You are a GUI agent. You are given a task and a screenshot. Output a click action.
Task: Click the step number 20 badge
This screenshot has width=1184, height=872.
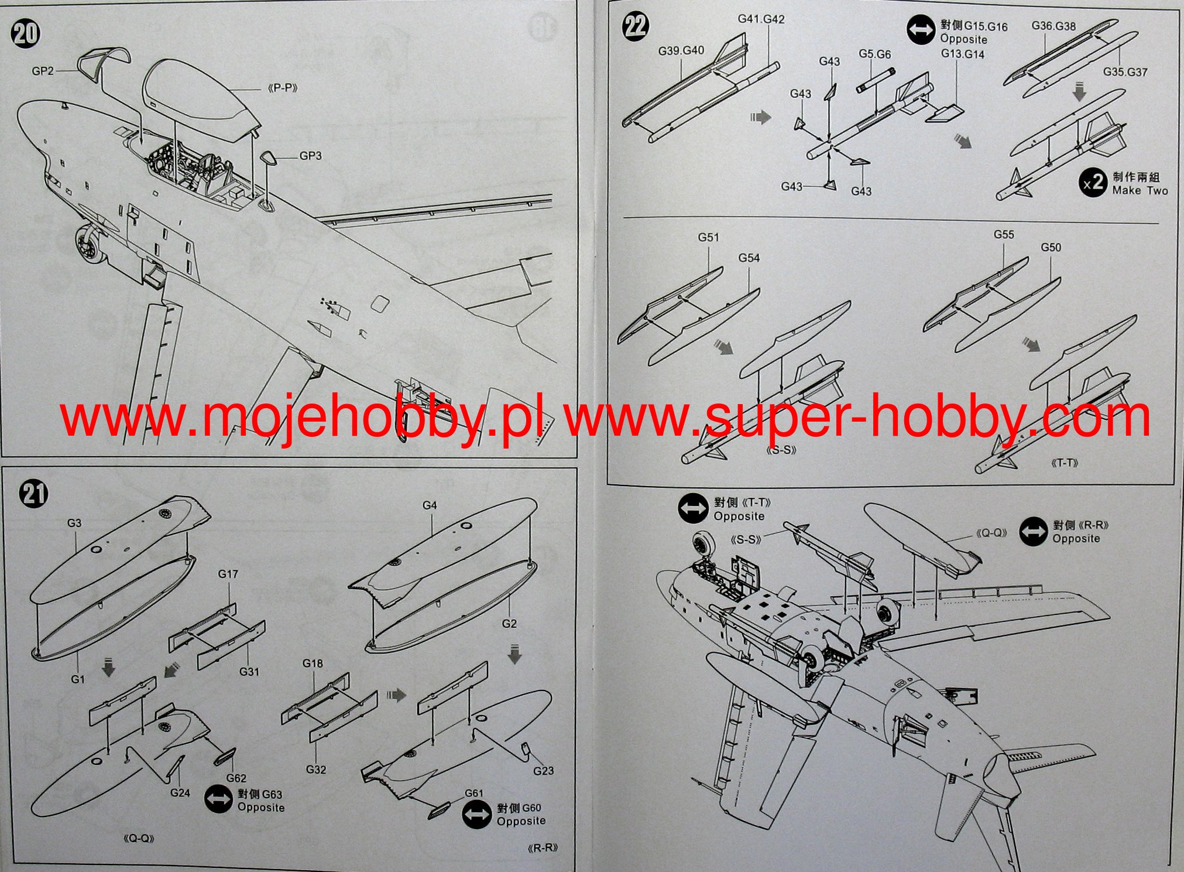[x=25, y=33]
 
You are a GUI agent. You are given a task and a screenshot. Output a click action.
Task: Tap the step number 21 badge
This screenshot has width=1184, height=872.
[x=33, y=494]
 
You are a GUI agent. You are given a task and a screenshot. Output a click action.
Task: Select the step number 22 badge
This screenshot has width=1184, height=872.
[x=636, y=26]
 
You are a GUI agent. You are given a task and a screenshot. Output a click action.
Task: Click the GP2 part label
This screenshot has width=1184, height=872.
[x=43, y=71]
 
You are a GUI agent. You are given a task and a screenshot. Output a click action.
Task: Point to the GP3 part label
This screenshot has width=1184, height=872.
[x=310, y=156]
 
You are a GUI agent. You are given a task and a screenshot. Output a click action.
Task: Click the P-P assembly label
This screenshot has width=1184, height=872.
[x=283, y=88]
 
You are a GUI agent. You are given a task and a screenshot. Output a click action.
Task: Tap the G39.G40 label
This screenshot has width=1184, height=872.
[x=681, y=51]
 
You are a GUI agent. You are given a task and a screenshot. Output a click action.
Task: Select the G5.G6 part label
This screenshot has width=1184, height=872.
[x=874, y=54]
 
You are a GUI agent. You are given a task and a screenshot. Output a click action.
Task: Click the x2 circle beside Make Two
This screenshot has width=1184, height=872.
[x=1092, y=183]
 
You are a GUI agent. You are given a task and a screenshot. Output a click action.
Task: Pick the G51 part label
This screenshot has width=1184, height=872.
[x=708, y=237]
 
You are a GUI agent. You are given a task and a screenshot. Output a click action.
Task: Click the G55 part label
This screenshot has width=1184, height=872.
[x=1004, y=234]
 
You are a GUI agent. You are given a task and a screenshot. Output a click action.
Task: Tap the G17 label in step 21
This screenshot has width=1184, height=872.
[x=228, y=574]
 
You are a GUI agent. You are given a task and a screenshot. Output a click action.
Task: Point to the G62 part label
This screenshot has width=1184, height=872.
[x=236, y=778]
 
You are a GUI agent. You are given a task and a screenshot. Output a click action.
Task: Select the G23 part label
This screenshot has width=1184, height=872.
[x=543, y=771]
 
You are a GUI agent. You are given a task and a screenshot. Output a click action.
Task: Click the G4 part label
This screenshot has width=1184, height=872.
[x=430, y=505]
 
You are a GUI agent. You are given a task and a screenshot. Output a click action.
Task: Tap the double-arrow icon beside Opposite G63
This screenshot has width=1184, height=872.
[x=218, y=800]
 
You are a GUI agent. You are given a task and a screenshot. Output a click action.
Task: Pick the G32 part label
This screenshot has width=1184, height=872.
[x=315, y=770]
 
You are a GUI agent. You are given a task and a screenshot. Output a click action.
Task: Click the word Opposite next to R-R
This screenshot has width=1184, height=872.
[x=1076, y=539]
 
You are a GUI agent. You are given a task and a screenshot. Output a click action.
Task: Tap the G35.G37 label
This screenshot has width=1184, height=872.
[x=1125, y=72]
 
